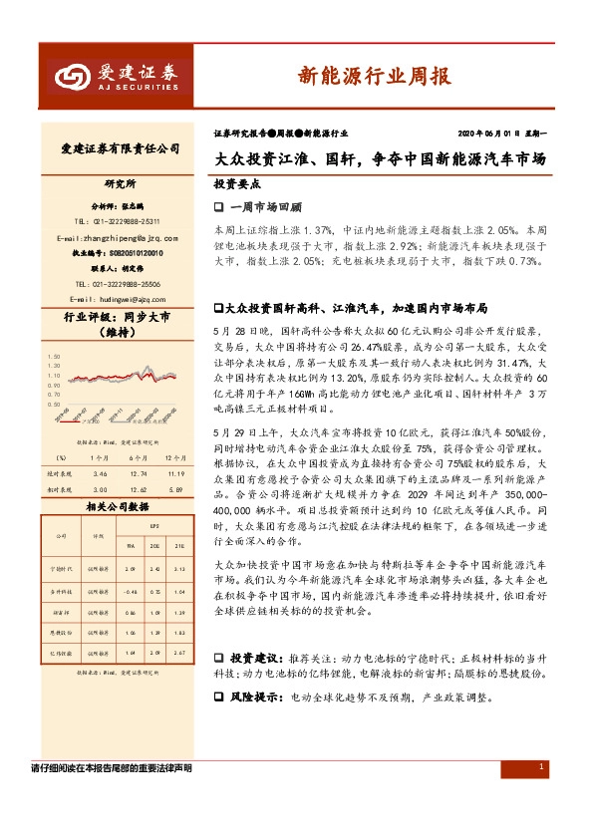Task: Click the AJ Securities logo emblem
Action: [71, 76]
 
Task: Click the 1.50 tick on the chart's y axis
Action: [54, 354]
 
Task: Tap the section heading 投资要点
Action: [237, 184]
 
